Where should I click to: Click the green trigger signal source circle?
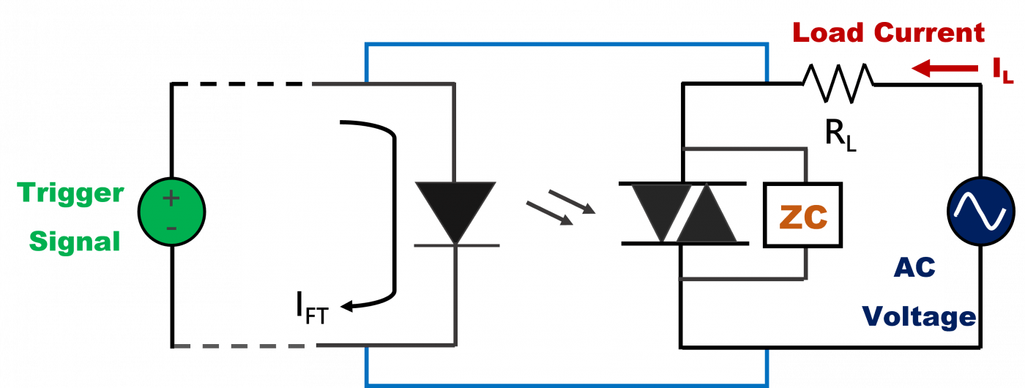171,212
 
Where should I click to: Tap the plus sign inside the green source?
171,198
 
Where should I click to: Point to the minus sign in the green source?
171,228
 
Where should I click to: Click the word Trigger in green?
70,193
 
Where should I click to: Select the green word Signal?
75,241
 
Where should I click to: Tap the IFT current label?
312,308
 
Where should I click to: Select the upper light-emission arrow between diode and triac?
572,202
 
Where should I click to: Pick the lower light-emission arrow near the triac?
550,213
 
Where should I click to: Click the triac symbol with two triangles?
684,214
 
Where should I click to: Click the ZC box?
802,215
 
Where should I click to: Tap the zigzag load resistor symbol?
838,83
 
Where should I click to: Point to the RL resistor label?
840,135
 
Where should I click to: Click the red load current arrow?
945,69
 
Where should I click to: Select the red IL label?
1003,71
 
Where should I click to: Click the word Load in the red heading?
827,33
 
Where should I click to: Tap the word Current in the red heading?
929,33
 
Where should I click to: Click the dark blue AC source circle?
981,212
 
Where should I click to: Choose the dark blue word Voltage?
919,316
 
